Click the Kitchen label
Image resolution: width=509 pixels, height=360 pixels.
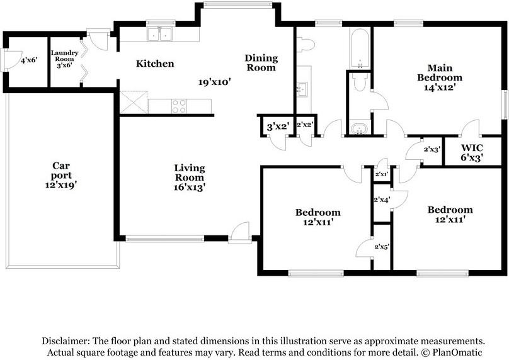click(155, 64)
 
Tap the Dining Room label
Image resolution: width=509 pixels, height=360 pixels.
click(261, 63)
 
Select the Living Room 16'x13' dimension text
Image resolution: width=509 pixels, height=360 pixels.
click(190, 187)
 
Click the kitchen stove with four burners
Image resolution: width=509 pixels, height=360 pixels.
click(179, 106)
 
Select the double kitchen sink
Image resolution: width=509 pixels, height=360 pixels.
click(161, 35)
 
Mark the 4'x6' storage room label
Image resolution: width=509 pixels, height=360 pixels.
click(29, 61)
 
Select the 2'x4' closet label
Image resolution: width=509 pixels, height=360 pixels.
click(382, 200)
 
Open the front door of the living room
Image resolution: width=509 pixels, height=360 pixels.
click(239, 234)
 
